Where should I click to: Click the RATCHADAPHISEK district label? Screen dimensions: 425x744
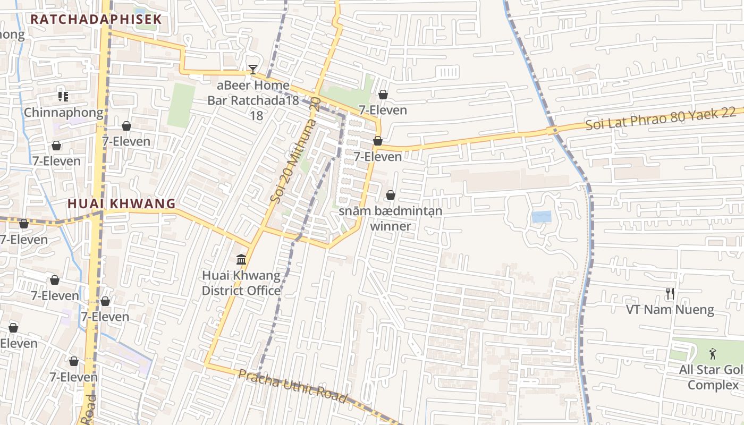tap(96, 20)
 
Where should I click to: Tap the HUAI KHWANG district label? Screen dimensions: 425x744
tap(122, 203)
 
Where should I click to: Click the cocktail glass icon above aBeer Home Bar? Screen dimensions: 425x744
tap(253, 70)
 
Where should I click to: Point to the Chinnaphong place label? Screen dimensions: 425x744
tap(64, 113)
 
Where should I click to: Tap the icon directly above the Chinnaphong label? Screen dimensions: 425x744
tap(63, 97)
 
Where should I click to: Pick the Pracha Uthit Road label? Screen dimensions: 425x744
tap(292, 386)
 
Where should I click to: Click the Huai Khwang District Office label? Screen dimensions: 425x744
tap(241, 283)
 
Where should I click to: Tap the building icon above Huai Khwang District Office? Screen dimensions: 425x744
tap(241, 260)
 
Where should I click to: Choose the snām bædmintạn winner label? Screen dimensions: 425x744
tap(391, 218)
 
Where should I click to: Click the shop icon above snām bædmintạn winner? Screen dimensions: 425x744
tap(391, 195)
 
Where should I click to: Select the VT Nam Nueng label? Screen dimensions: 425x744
tap(670, 310)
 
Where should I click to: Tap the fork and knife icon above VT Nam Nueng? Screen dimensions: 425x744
tap(670, 293)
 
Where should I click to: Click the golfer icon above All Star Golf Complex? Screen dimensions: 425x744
tap(713, 353)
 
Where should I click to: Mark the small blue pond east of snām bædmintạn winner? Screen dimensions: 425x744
tap(541, 217)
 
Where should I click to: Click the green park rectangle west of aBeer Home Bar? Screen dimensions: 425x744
tap(181, 106)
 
